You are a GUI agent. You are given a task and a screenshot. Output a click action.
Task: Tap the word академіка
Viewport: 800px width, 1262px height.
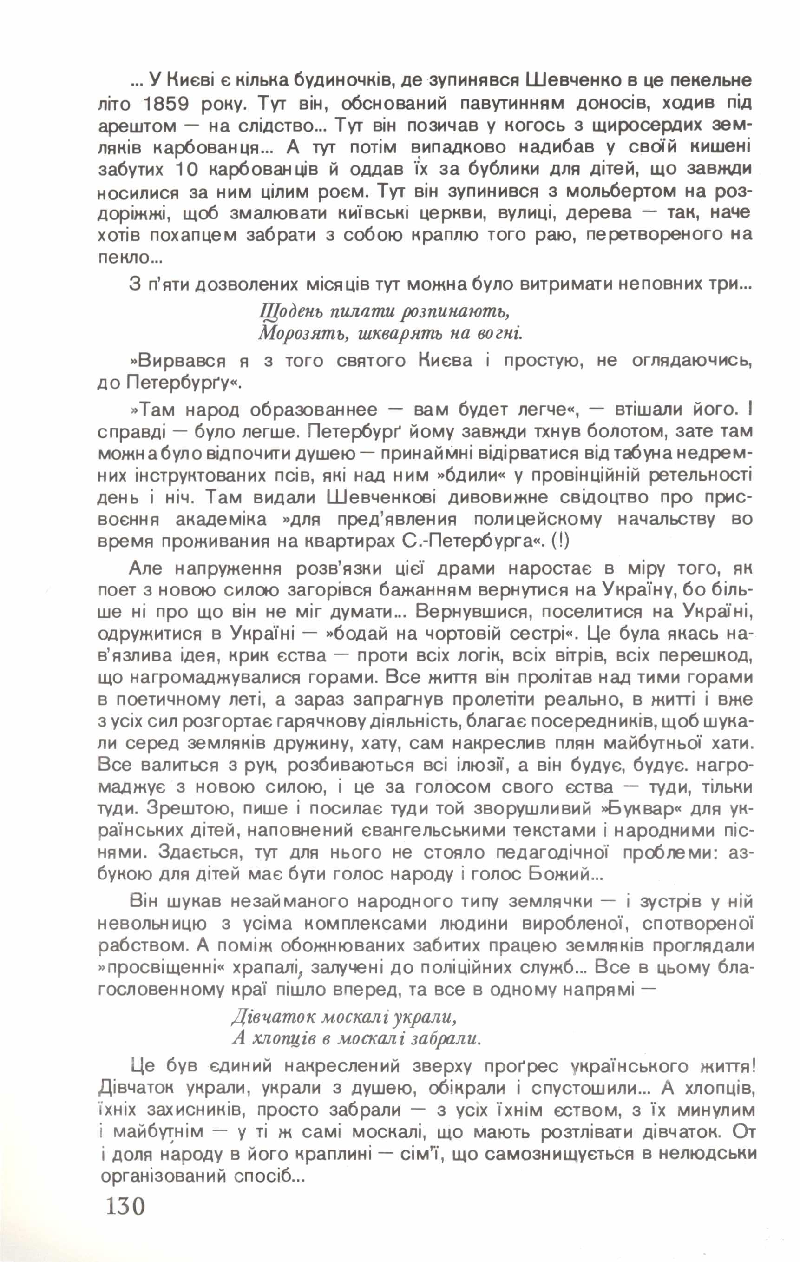pos(221,520)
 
